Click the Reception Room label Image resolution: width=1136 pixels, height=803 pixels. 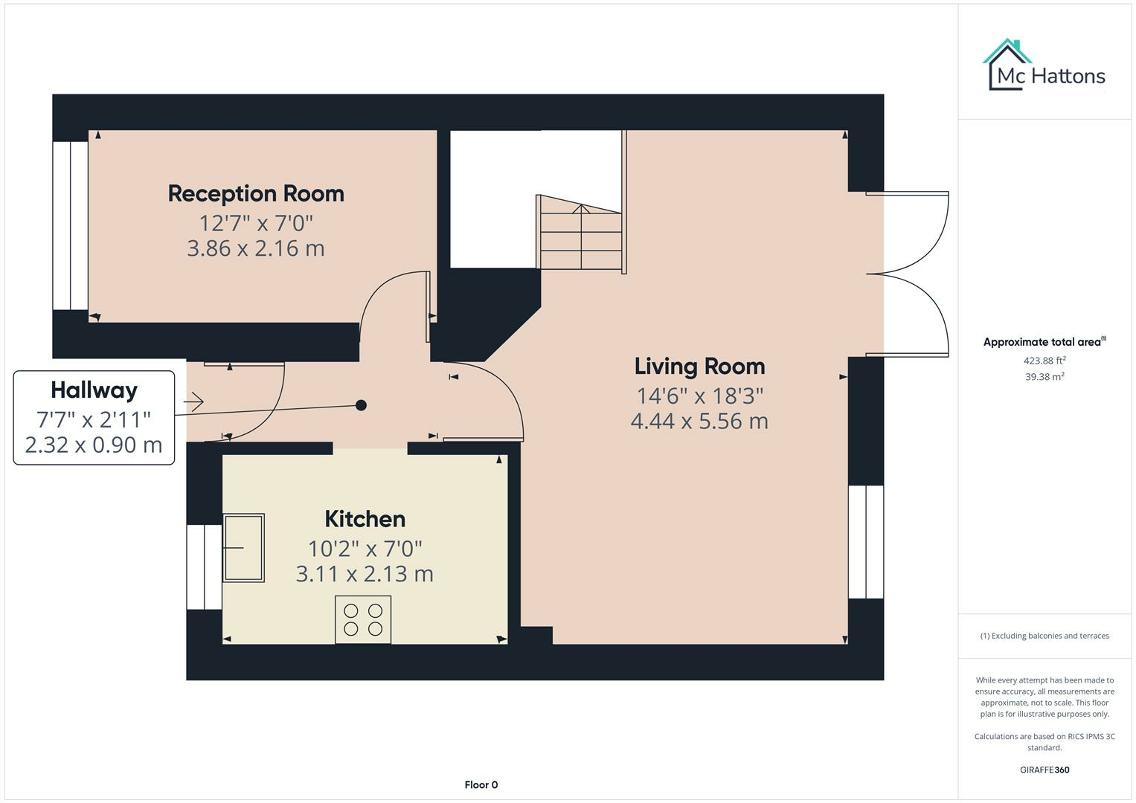pyautogui.click(x=256, y=193)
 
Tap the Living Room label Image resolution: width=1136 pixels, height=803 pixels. pyautogui.click(x=699, y=366)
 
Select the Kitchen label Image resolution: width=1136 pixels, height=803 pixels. pyautogui.click(x=365, y=519)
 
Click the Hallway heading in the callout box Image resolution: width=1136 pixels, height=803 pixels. pyautogui.click(x=94, y=390)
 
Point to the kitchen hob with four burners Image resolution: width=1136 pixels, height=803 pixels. pyautogui.click(x=363, y=619)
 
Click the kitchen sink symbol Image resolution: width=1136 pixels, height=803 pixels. pyautogui.click(x=244, y=547)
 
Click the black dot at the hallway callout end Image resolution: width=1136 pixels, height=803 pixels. pyautogui.click(x=361, y=405)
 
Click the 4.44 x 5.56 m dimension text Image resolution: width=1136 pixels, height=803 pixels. pyautogui.click(x=699, y=422)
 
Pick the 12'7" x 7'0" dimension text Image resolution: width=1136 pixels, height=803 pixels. pyautogui.click(x=256, y=223)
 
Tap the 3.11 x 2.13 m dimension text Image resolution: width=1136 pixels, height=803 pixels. pyautogui.click(x=365, y=574)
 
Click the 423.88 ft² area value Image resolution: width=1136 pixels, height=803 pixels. pyautogui.click(x=1044, y=361)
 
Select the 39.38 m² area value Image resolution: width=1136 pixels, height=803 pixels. pyautogui.click(x=1044, y=377)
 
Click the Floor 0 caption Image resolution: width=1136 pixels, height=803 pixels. pyautogui.click(x=481, y=784)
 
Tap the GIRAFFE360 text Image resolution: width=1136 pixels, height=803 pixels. pyautogui.click(x=1044, y=770)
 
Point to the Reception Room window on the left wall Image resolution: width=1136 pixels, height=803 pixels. pyautogui.click(x=71, y=225)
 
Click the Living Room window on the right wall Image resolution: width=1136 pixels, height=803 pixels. pyautogui.click(x=866, y=541)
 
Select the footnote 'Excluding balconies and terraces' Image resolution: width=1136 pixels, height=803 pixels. pyautogui.click(x=1044, y=636)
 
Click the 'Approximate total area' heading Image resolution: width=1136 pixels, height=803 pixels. pyautogui.click(x=1043, y=342)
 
